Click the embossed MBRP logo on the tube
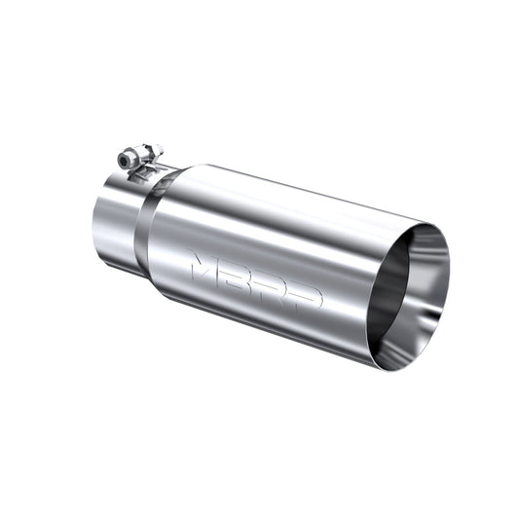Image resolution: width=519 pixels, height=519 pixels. (x=256, y=281)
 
